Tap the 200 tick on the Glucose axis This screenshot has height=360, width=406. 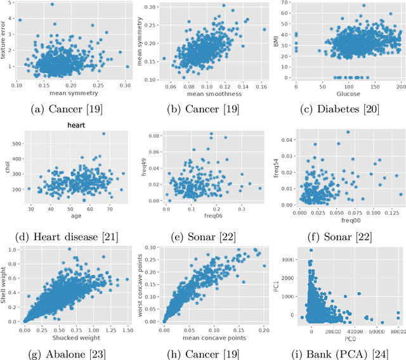point(400,82)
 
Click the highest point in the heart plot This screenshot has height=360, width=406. point(103,134)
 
